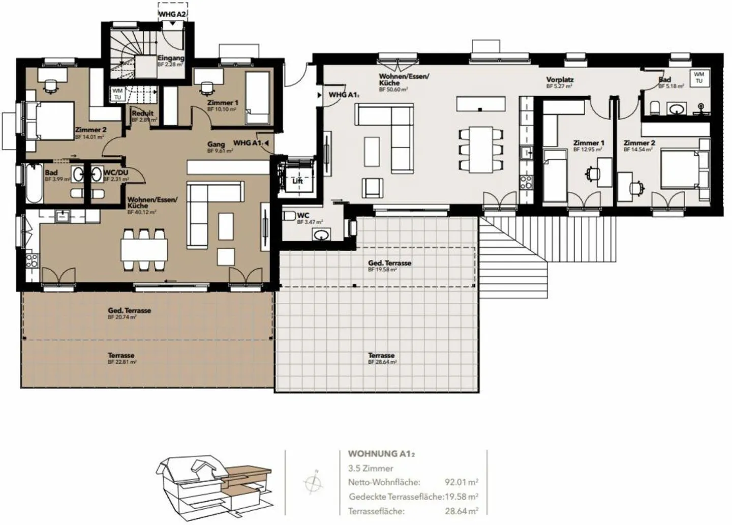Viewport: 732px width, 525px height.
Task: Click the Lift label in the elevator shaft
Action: (297, 181)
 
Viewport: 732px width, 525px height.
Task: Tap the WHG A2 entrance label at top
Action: (172, 14)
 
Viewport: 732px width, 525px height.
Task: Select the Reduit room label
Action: (143, 113)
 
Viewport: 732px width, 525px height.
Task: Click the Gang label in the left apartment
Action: (216, 144)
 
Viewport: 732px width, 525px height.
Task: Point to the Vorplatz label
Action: (560, 80)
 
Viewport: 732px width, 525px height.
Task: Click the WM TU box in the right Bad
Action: (699, 77)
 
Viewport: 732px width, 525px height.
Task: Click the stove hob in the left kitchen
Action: (32, 260)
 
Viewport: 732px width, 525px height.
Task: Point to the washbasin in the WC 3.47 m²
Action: (321, 235)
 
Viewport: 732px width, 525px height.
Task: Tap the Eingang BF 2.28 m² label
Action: (170, 61)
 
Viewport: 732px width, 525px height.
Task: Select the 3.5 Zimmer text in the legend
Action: (371, 468)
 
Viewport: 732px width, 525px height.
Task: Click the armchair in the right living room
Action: (373, 187)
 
